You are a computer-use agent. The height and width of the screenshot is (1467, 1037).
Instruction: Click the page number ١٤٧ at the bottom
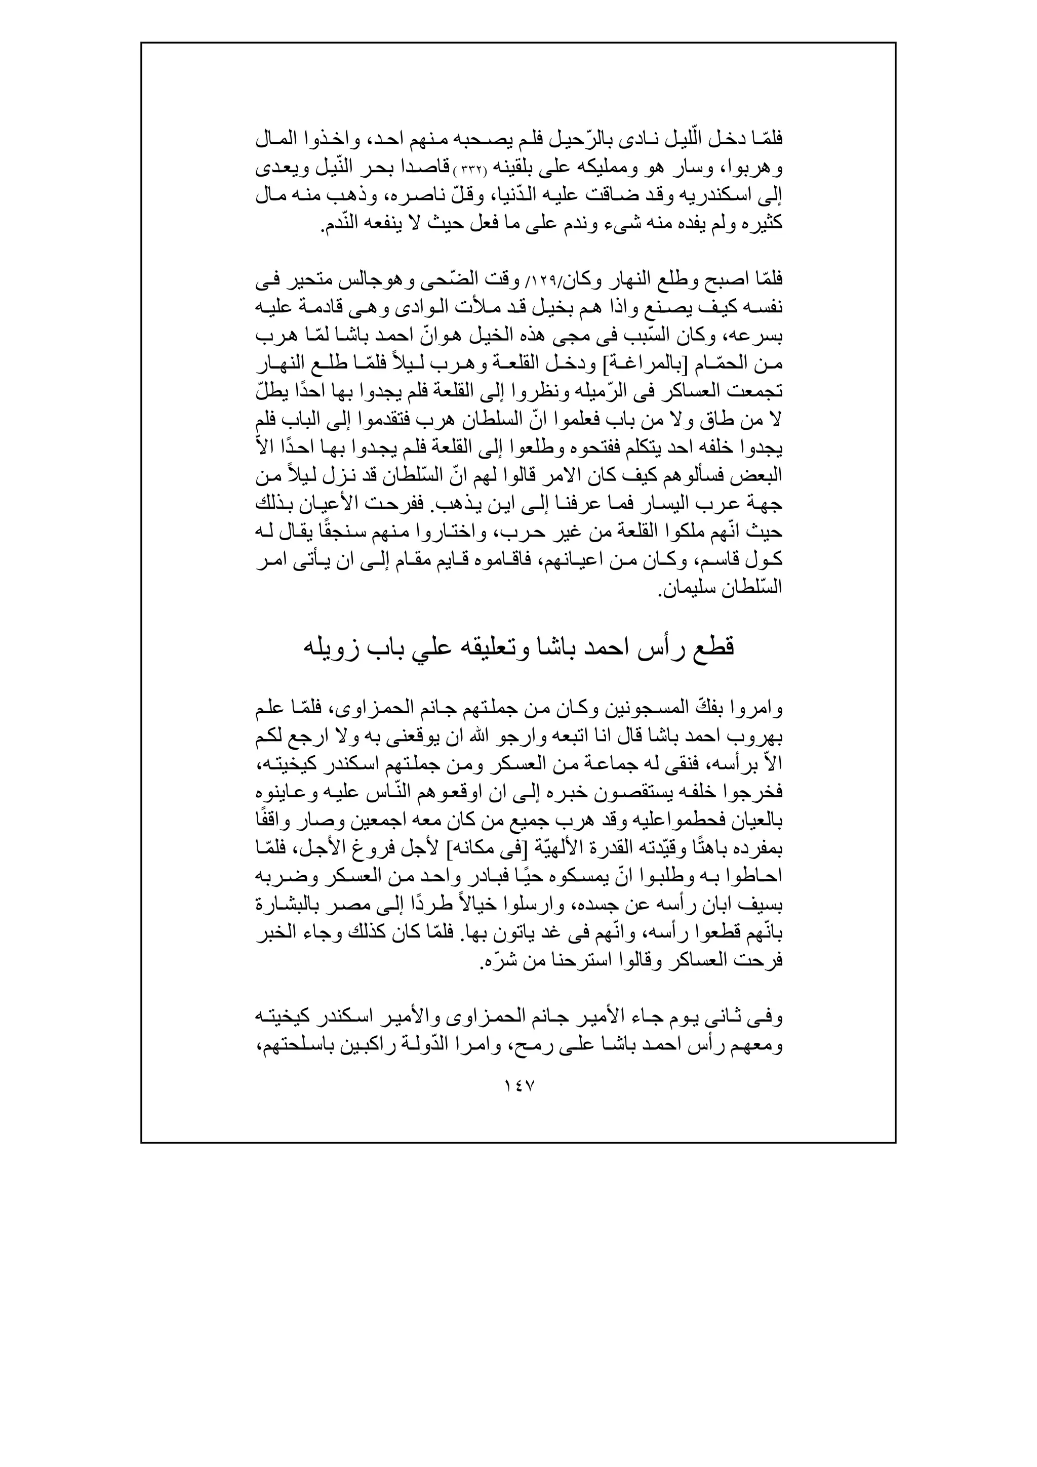(x=518, y=1085)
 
